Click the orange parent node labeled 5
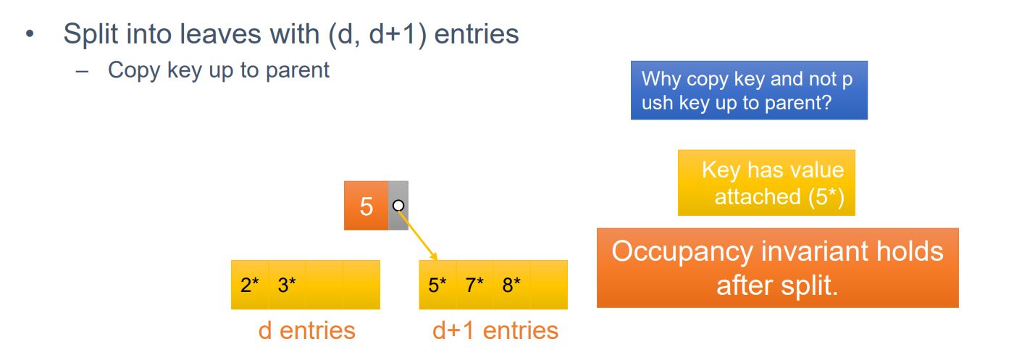[x=366, y=206]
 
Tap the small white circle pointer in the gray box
[x=398, y=206]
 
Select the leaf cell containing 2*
[x=250, y=285]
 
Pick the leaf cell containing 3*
[x=287, y=285]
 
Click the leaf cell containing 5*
[x=437, y=285]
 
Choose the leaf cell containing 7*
[x=474, y=285]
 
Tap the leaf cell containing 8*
[x=511, y=285]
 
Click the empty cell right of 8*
[x=549, y=285]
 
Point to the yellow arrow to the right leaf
[x=418, y=235]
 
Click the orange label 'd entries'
[x=306, y=330]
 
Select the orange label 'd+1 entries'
[x=495, y=330]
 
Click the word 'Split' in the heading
[x=91, y=34]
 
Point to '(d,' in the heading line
[x=345, y=34]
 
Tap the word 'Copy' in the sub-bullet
[x=135, y=70]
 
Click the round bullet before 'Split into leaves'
[x=30, y=34]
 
